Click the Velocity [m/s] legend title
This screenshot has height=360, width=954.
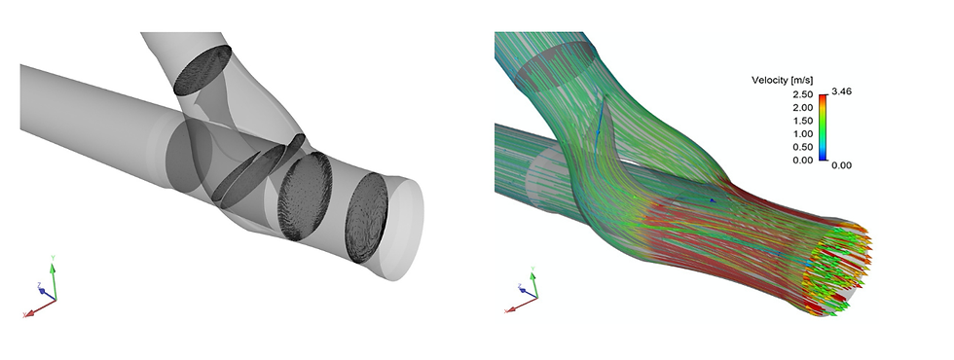(x=782, y=80)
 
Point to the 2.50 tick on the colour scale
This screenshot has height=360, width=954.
(x=804, y=94)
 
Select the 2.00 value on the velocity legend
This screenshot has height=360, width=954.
(x=804, y=108)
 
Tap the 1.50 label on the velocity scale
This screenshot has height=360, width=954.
(x=804, y=121)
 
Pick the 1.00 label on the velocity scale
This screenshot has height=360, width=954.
(x=804, y=134)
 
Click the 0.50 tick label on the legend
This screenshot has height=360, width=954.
(x=804, y=147)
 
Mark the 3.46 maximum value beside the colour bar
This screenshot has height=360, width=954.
(x=842, y=91)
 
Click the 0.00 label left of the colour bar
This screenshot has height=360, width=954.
(x=804, y=160)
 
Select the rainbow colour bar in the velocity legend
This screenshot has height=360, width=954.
(x=823, y=127)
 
